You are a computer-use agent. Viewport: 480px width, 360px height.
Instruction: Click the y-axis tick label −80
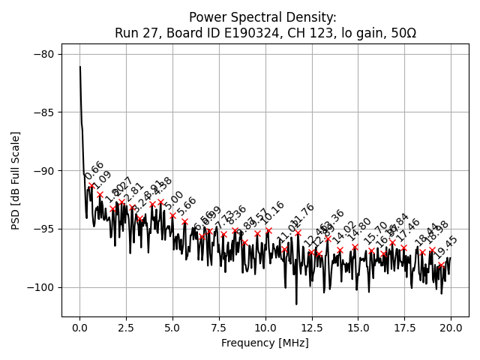click(x=43, y=54)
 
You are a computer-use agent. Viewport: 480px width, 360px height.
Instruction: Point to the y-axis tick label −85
click(x=43, y=112)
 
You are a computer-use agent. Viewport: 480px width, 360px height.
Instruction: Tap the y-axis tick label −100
click(x=40, y=287)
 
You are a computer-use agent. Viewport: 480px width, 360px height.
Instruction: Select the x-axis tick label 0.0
click(x=79, y=328)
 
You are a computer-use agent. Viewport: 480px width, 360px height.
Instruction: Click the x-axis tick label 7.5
click(x=219, y=328)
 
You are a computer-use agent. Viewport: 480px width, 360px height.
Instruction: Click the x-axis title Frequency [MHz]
click(x=265, y=343)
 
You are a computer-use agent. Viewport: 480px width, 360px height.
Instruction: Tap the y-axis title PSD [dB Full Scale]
click(x=16, y=180)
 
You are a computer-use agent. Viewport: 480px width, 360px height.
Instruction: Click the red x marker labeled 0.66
click(x=91, y=185)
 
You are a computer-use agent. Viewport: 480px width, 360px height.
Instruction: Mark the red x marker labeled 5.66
click(x=184, y=222)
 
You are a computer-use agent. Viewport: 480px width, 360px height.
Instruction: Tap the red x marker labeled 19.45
click(x=441, y=264)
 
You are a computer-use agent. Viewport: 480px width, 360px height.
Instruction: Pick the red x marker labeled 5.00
click(x=172, y=215)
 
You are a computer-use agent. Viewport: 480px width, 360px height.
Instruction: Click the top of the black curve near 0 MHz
click(x=80, y=67)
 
